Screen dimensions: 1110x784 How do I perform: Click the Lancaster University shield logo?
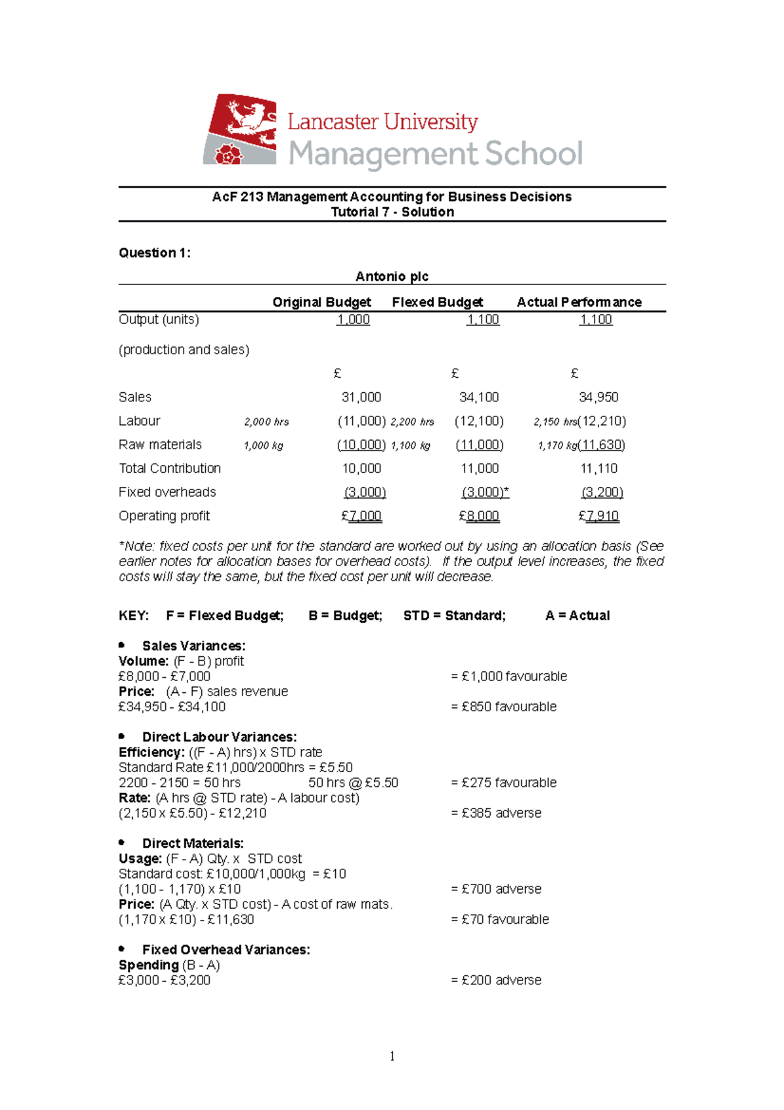click(240, 129)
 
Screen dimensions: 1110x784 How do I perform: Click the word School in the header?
click(533, 154)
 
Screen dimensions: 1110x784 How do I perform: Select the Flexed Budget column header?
click(437, 302)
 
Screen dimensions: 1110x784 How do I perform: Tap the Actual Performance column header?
click(579, 302)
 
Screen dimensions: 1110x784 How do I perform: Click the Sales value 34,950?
click(598, 397)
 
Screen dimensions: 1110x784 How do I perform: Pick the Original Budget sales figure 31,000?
click(361, 397)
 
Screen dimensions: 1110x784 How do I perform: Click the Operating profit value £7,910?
click(598, 516)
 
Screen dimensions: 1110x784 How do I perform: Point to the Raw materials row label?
click(160, 445)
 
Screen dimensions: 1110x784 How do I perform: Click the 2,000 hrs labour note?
click(267, 422)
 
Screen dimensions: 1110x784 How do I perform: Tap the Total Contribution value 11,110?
click(598, 469)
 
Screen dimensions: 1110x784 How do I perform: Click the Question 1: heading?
click(154, 253)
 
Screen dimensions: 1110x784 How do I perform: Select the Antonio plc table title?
click(391, 277)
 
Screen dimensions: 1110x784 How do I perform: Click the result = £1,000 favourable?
click(508, 677)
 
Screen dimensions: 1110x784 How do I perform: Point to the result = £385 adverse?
click(496, 813)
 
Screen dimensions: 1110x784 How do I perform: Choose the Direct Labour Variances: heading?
click(220, 737)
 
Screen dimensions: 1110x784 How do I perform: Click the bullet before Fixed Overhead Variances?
click(122, 949)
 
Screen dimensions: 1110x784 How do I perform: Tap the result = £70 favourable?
click(500, 920)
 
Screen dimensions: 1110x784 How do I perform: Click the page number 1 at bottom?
click(392, 1056)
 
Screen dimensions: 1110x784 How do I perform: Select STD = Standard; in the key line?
click(454, 616)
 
